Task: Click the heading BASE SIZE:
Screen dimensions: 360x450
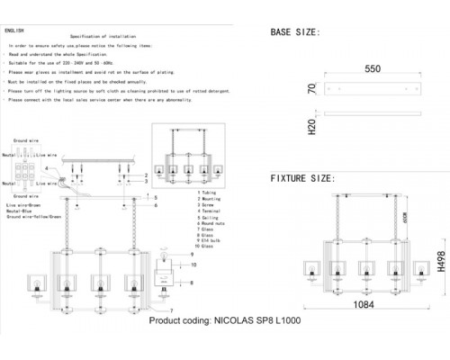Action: (x=295, y=32)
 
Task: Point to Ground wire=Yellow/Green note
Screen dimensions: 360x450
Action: (x=40, y=219)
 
